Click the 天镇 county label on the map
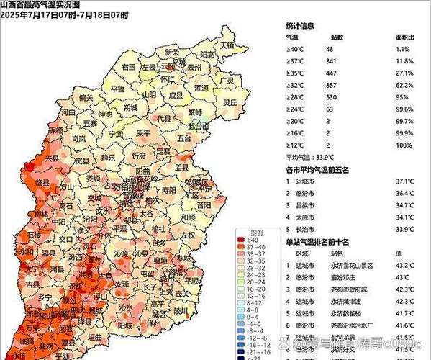tap(227, 45)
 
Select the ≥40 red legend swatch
tap(242, 240)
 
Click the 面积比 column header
tap(404, 36)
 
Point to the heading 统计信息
tap(300, 24)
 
